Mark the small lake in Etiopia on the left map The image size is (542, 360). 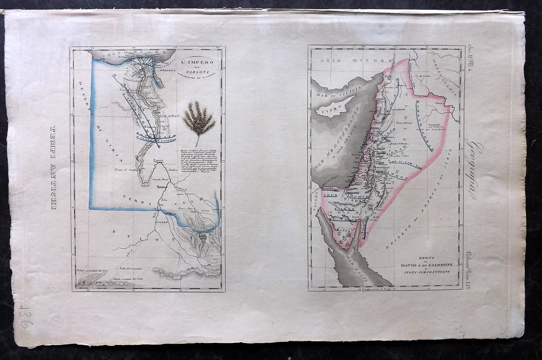pos(203,238)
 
